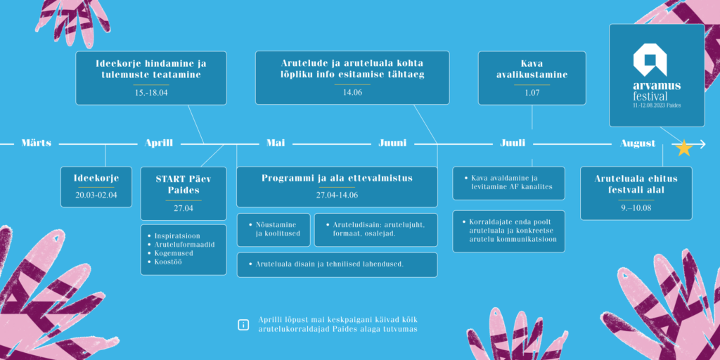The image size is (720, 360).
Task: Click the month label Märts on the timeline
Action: (37, 143)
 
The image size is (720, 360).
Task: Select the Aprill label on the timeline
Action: (159, 143)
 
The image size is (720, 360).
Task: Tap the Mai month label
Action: (276, 143)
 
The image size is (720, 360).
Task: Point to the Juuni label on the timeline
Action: (392, 143)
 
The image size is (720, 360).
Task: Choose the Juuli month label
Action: (513, 143)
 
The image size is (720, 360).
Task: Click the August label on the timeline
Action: (638, 143)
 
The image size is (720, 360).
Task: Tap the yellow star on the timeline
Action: (684, 148)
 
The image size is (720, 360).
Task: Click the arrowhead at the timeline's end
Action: (702, 144)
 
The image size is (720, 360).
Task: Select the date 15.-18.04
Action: (151, 92)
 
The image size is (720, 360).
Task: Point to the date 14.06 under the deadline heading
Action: (352, 92)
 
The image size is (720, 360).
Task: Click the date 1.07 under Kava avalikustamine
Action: (532, 92)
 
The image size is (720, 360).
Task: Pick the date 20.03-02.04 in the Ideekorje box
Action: (96, 195)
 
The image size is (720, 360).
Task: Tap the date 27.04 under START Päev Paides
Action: (184, 208)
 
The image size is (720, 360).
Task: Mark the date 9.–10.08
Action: (636, 207)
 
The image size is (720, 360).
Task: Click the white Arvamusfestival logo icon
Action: (650, 60)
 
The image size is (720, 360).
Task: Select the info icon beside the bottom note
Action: (243, 325)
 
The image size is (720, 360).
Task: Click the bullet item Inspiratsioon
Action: (177, 236)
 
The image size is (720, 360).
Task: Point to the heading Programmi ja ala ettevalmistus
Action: (337, 178)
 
